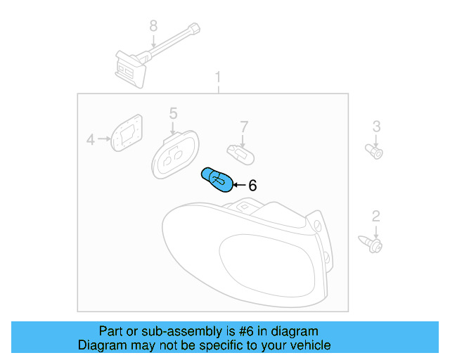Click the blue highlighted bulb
pos(217,179)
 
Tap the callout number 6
pos(252,186)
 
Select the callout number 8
pos(153,27)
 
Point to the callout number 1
pos(218,77)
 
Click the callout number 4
pos(90,140)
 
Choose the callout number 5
pos(173,112)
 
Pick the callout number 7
pos(244,127)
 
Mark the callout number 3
pos(376,126)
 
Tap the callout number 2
pos(376,216)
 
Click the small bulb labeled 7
pos(238,151)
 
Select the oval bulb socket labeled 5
pos(173,155)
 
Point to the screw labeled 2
pos(373,244)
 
